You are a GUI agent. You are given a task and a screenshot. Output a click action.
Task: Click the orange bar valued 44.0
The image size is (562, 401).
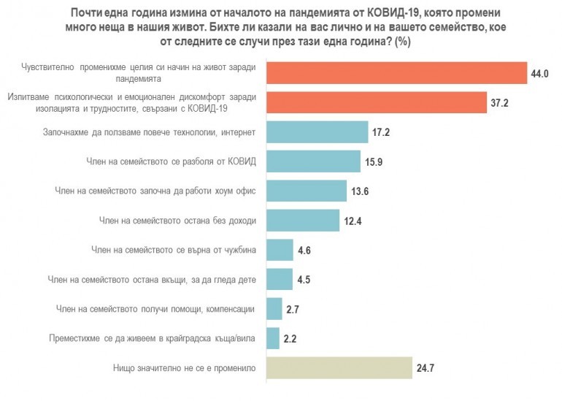(396, 73)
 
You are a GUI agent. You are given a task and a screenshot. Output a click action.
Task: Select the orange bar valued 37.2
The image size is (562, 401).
(377, 102)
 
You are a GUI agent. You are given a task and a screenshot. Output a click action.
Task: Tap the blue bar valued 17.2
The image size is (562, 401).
(317, 132)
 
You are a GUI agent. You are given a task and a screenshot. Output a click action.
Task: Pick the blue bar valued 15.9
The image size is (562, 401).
(314, 161)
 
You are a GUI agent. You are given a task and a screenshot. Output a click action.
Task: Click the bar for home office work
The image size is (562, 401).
(307, 191)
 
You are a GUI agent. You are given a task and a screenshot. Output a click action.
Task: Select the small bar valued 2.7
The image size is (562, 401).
(274, 308)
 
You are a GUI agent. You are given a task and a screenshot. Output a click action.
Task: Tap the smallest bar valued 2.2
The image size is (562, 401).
(273, 338)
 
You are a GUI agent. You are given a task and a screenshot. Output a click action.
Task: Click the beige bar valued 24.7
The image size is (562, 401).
(336, 367)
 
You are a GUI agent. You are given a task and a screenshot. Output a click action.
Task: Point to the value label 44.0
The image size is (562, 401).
(540, 74)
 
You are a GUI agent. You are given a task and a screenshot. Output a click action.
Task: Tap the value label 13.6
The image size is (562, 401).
(361, 191)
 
